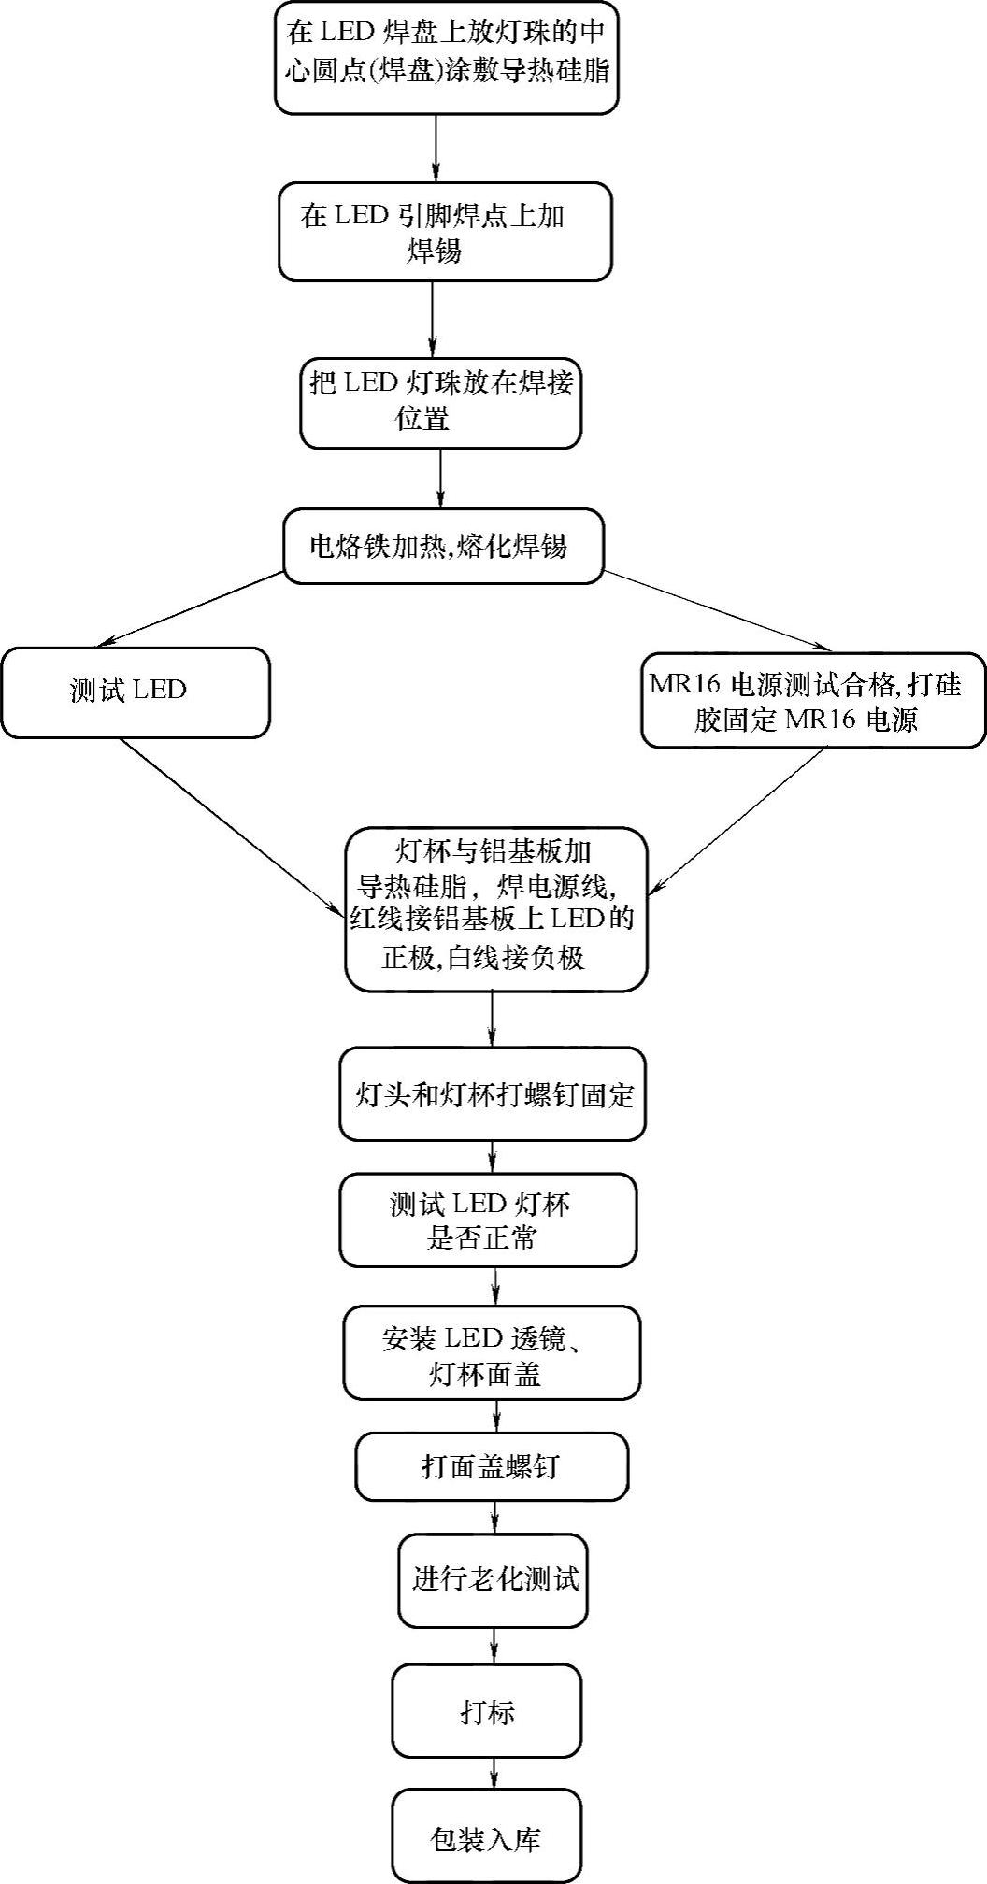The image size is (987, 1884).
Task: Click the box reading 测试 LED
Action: coord(135,692)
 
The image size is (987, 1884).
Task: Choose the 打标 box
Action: coord(486,1709)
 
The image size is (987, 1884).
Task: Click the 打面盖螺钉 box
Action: coord(491,1466)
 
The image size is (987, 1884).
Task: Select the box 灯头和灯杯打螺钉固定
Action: coord(492,1094)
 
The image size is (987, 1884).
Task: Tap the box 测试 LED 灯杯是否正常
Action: coord(487,1220)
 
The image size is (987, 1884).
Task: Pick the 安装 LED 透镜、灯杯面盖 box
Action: coord(492,1352)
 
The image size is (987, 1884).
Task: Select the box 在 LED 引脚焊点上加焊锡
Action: coord(445,232)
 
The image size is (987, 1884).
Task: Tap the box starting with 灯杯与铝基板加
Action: coord(495,909)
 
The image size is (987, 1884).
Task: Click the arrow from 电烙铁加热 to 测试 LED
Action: coord(192,608)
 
